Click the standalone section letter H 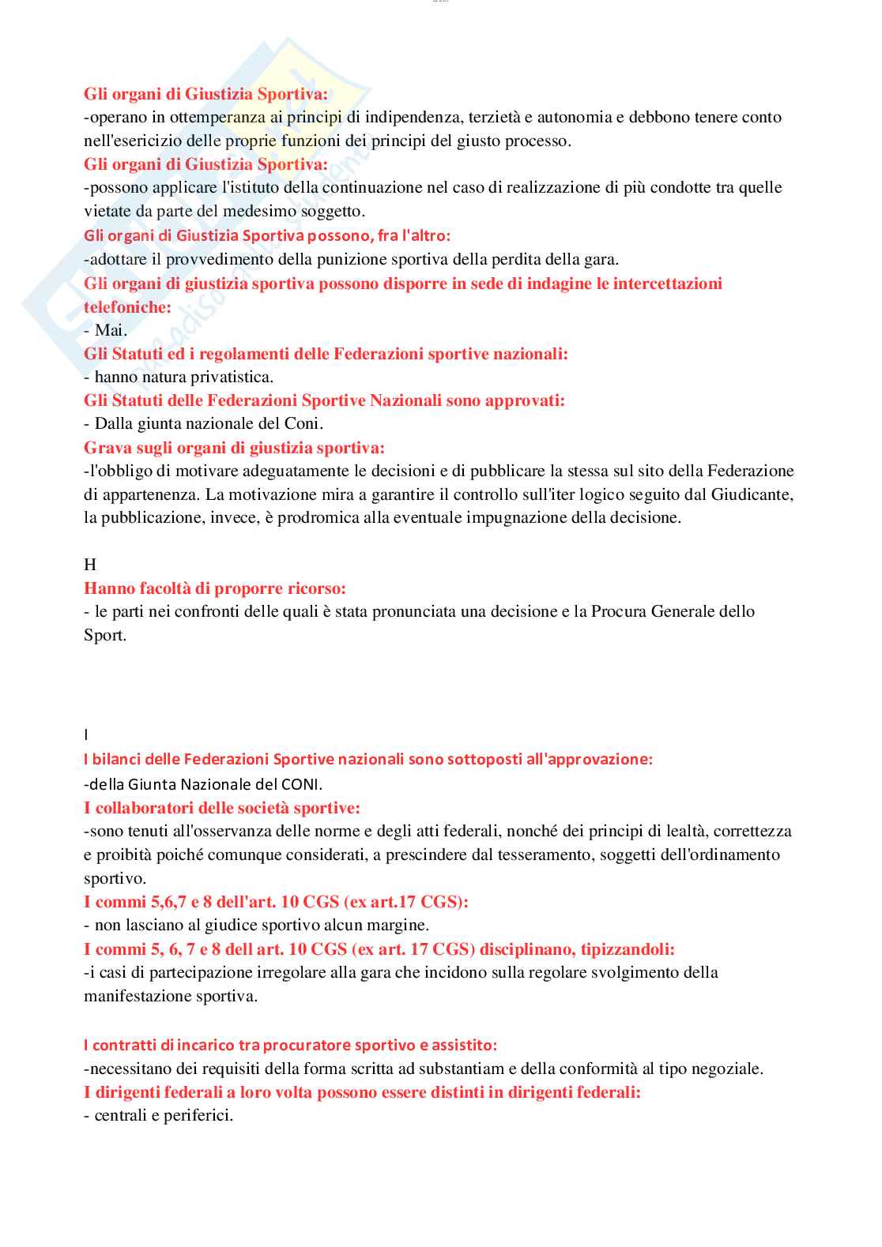(x=90, y=565)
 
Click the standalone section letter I (x=86, y=735)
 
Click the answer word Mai (x=111, y=330)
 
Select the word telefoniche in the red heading (x=127, y=307)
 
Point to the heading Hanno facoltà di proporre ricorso (x=215, y=588)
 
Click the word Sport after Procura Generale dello (x=104, y=635)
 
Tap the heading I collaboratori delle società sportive (x=222, y=808)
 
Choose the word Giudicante (x=750, y=494)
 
